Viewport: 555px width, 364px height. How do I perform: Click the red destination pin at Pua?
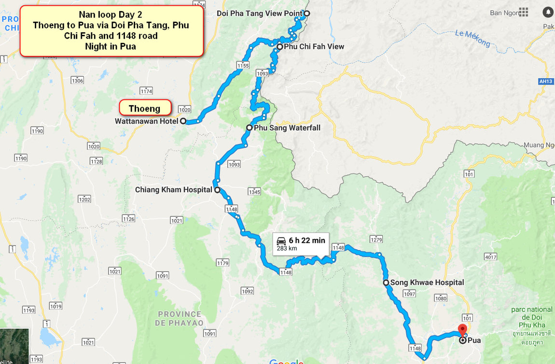pos(462,331)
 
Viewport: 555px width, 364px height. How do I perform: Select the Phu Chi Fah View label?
pos(314,47)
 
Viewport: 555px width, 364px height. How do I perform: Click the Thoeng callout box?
pos(144,109)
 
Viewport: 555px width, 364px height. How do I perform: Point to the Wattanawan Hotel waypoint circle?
pos(183,121)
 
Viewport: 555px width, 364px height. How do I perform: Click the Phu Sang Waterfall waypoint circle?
pos(249,128)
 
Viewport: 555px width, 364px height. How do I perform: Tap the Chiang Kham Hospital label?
pos(173,190)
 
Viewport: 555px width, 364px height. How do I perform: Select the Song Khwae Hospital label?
pos(427,282)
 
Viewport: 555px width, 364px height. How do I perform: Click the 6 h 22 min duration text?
pos(307,240)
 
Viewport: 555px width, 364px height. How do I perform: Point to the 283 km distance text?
pos(287,249)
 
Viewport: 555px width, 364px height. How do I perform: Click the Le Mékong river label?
pos(472,39)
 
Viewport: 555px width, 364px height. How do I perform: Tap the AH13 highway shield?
pos(546,82)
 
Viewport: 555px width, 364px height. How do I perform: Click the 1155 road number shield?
pos(243,65)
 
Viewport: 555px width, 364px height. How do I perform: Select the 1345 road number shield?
pos(254,192)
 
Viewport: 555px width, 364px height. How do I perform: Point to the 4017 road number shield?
pos(490,257)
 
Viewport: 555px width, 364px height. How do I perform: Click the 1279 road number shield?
pos(376,239)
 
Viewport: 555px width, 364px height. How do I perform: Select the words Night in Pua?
pos(111,47)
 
